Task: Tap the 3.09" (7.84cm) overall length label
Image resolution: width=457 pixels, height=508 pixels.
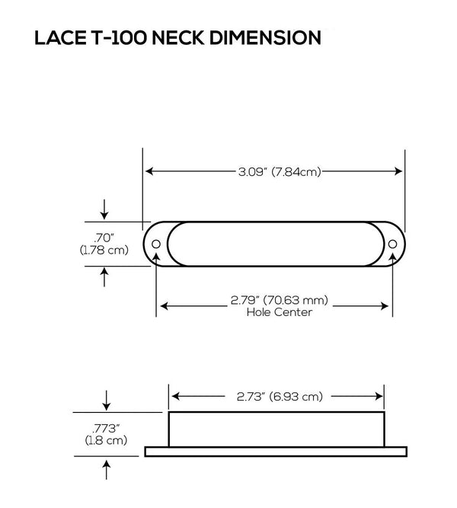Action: pyautogui.click(x=274, y=172)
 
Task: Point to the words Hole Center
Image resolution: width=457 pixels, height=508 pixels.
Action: pyautogui.click(x=274, y=312)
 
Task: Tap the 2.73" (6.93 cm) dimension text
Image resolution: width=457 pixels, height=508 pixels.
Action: pyautogui.click(x=276, y=397)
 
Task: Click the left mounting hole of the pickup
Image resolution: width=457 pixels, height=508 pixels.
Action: pyautogui.click(x=157, y=244)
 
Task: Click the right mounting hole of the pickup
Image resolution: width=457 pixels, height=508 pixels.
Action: pyautogui.click(x=392, y=244)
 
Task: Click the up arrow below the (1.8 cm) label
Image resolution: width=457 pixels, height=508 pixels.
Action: pyautogui.click(x=106, y=468)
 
